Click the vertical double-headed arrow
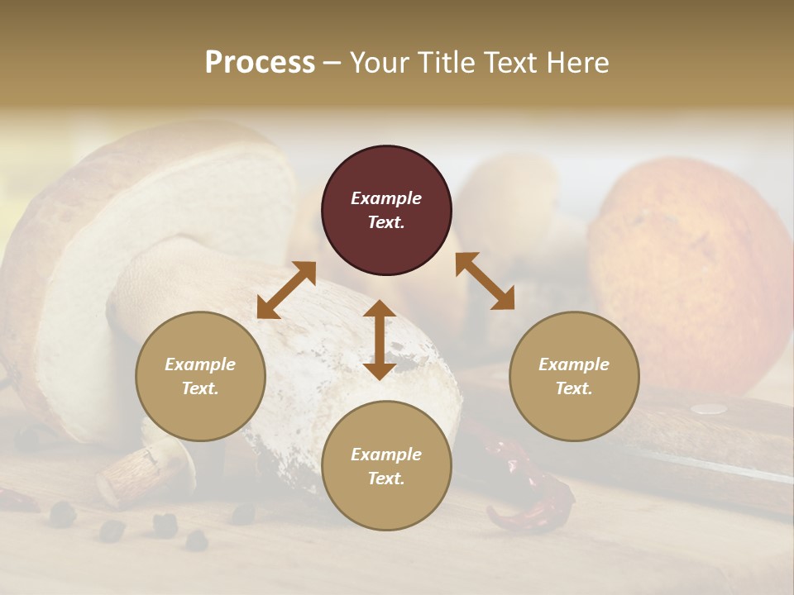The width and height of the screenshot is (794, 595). point(380,340)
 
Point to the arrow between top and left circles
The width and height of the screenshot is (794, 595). point(286,290)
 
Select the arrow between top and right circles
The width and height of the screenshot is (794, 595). point(485,281)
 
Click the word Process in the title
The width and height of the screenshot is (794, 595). point(260,62)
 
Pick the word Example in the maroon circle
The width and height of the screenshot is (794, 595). point(386,198)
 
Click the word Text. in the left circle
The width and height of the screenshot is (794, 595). point(200,388)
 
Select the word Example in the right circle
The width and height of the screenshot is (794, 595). point(574,364)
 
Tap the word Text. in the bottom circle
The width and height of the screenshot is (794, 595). point(386,478)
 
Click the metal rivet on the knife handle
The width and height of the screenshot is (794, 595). point(708,408)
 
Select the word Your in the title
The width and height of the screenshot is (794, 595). point(377,62)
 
